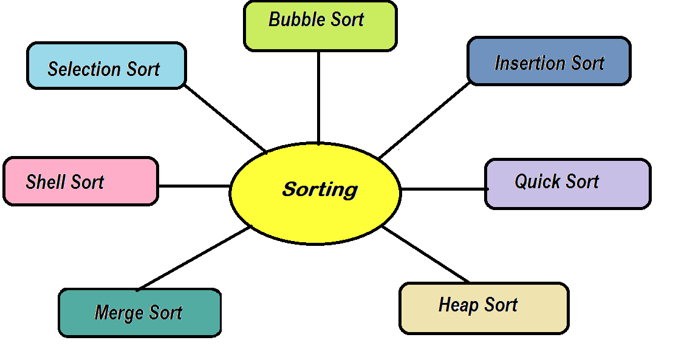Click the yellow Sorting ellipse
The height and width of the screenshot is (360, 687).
(315, 193)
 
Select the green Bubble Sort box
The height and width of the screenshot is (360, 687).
(320, 25)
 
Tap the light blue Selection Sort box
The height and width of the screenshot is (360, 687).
(106, 66)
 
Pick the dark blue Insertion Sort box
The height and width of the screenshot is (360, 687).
(549, 61)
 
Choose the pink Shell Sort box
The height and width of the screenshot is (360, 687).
(80, 181)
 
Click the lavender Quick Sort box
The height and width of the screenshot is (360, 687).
(567, 184)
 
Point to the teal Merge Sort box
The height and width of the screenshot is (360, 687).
(139, 313)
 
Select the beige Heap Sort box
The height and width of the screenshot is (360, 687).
(484, 308)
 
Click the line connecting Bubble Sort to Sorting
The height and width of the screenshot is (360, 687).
(318, 97)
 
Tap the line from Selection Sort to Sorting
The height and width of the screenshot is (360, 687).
(225, 118)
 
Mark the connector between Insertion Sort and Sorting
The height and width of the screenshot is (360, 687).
(425, 120)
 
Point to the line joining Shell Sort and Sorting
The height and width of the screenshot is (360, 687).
(194, 186)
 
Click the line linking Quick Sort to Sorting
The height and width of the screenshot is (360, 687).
(443, 189)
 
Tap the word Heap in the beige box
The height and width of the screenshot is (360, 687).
(457, 305)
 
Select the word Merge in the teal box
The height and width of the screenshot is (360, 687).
(119, 313)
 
